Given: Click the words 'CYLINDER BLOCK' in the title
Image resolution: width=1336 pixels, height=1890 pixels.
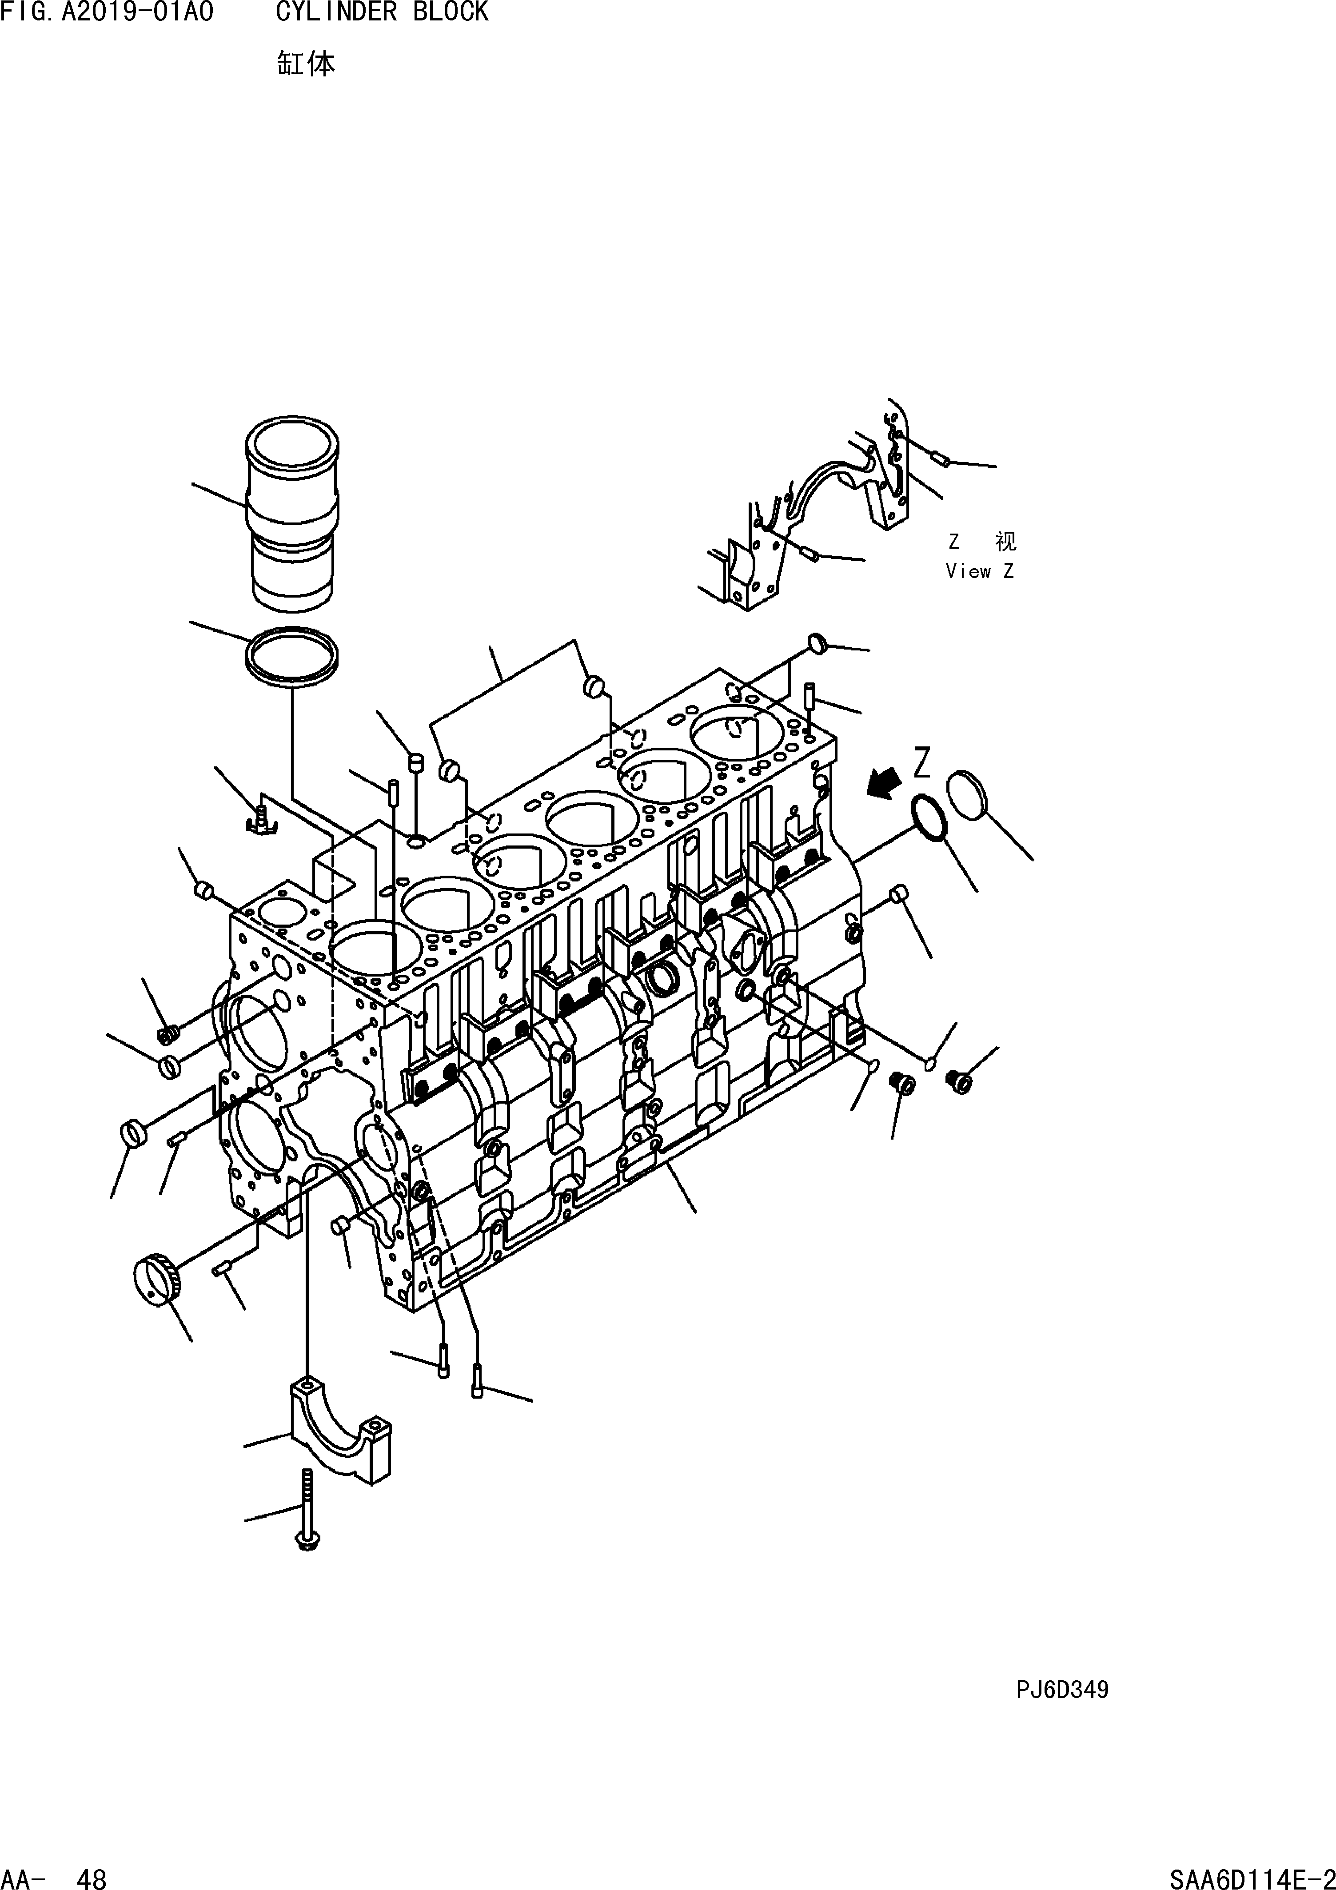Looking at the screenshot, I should click(382, 12).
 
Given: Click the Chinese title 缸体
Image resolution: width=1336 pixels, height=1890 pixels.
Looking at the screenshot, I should click(305, 64).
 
